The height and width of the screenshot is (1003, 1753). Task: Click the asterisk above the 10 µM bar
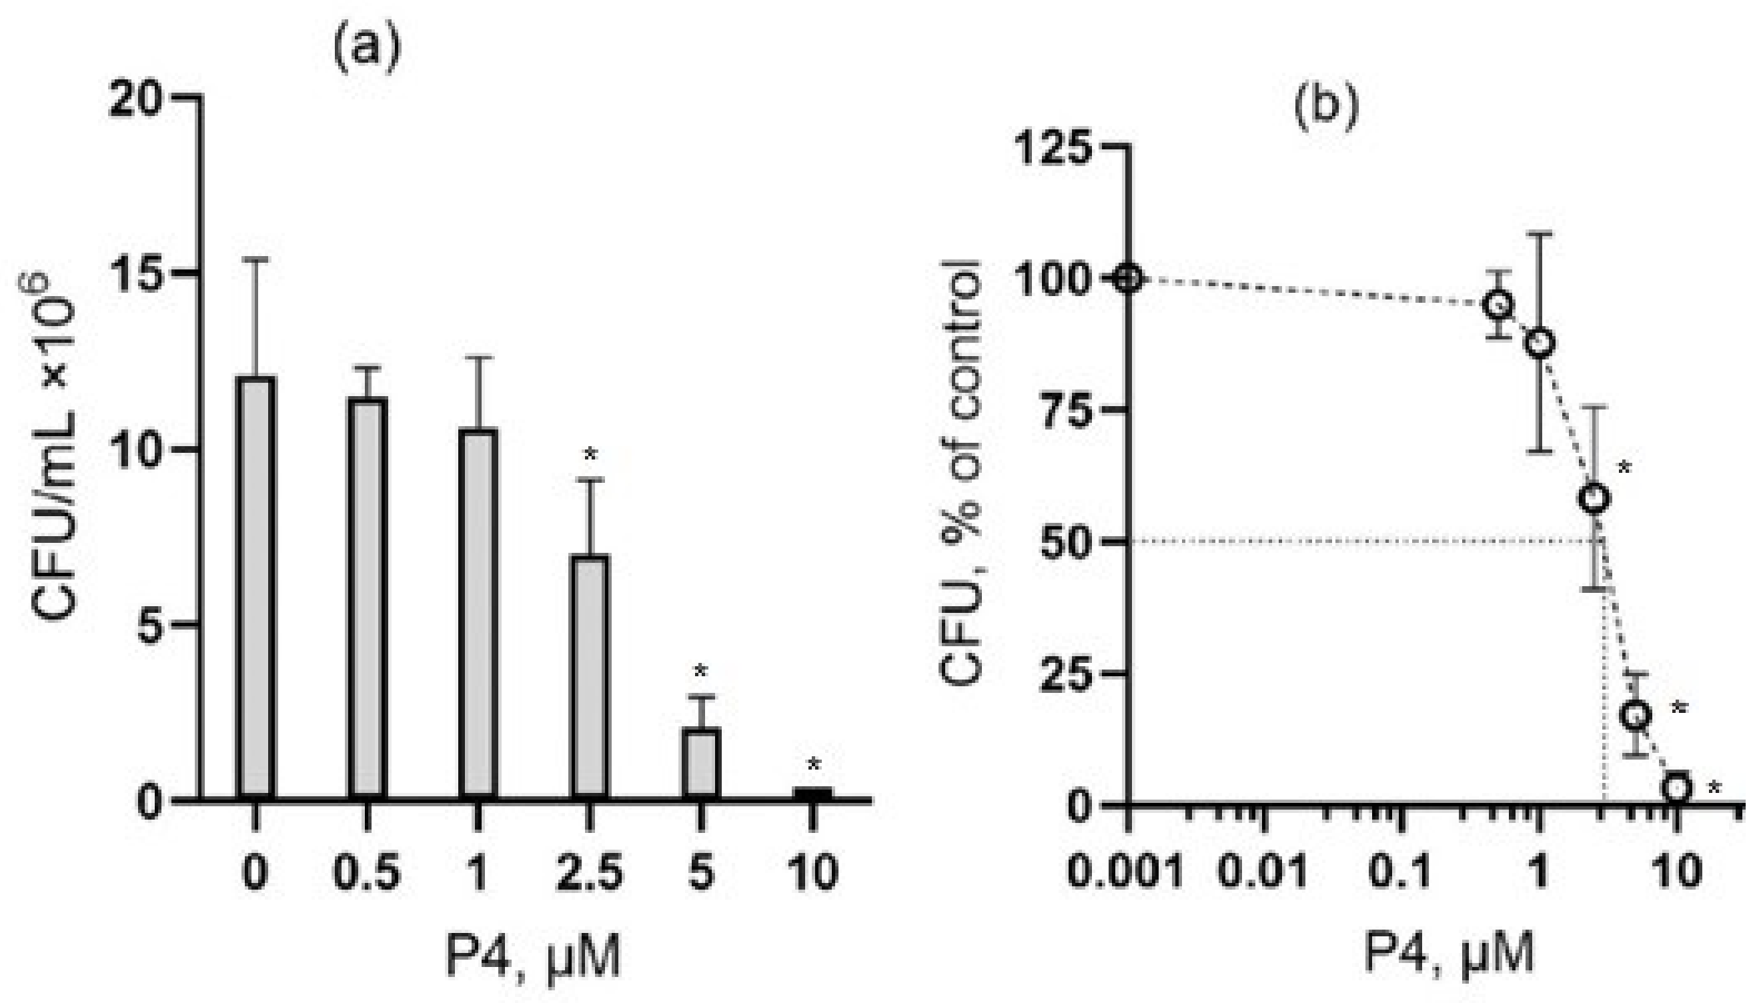814,765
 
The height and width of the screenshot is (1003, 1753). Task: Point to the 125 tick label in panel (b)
1058,146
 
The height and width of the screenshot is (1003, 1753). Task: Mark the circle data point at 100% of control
1127,279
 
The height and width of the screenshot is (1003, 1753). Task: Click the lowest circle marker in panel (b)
1676,788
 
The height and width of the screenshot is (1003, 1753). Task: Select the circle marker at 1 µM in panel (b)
1540,342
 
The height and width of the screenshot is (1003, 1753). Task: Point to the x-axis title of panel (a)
533,956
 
